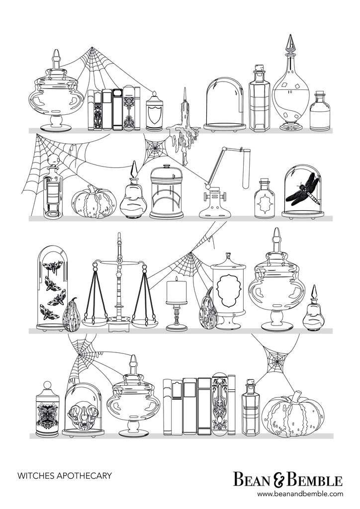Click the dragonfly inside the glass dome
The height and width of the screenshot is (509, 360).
pos(302,191)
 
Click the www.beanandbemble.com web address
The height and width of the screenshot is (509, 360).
pos(300,494)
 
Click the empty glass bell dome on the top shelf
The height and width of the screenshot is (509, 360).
pos(224,104)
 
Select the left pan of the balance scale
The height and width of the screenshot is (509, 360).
pos(95,322)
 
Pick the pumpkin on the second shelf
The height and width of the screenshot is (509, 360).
pos(94,201)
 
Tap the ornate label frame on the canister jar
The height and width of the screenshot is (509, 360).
pos(228,290)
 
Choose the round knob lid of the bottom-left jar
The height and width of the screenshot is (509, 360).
pos(48,386)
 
